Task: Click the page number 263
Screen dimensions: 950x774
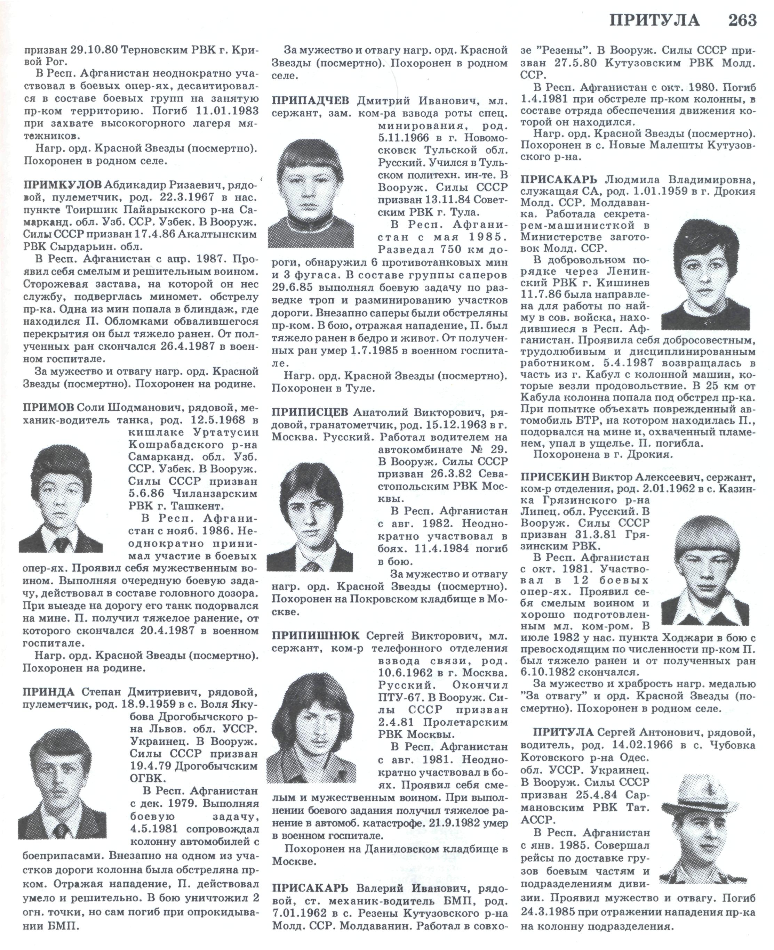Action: click(742, 20)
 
